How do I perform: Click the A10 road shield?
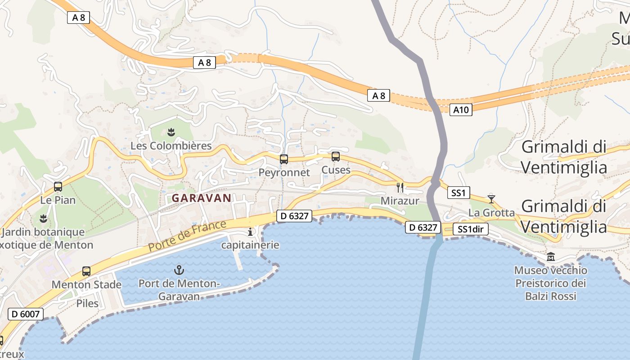point(461,109)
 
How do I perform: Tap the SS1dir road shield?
point(470,229)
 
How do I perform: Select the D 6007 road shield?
point(26,314)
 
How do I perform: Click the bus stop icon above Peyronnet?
point(284,159)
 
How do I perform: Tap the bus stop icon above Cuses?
point(336,157)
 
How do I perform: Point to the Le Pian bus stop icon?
point(58,186)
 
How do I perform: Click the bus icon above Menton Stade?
point(86,271)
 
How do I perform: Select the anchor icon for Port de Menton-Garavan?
point(180,270)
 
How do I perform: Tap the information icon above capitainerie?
point(251,232)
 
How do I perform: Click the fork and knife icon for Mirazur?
point(400,187)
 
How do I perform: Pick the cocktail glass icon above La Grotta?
point(491,198)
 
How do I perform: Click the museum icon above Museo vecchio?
point(551,257)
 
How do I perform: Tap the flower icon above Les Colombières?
point(171,132)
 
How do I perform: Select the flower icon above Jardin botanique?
point(43,218)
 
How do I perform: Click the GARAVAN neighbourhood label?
point(202,198)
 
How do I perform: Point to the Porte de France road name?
point(187,236)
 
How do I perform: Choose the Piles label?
point(87,303)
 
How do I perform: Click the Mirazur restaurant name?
point(400,201)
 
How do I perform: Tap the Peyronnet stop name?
point(284,172)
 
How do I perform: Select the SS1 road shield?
point(459,193)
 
